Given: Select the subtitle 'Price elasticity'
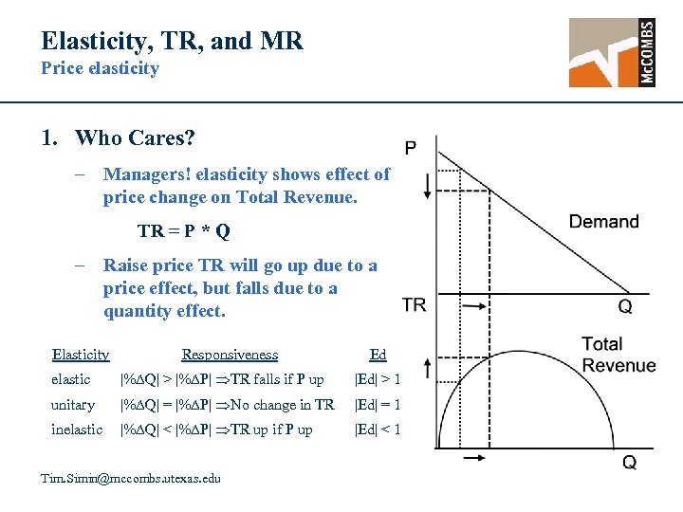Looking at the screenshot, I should coord(100,68).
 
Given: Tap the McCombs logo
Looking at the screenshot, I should coord(612,53).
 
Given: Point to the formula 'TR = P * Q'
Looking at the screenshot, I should coord(183,231).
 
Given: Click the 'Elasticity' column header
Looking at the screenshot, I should coord(81,355).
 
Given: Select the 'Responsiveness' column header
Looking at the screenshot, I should coord(230,355).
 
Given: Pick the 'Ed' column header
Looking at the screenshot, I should coord(378,355).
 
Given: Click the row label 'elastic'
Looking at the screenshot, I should coord(71,379).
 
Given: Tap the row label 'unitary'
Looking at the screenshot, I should coord(73,405).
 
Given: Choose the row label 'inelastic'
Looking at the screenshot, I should coord(77,430).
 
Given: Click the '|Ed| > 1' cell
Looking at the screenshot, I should coord(377,379).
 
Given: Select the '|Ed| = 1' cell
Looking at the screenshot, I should coord(377,405).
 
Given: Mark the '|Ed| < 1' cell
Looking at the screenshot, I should coord(377,430).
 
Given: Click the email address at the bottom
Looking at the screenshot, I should coord(130,478).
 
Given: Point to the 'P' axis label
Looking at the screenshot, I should coord(410,148).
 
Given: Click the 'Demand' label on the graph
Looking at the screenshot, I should coord(603,222).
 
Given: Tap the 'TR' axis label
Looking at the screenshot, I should coord(414,305).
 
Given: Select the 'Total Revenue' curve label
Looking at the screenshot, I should coord(618,355).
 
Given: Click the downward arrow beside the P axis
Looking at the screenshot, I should coord(428,185).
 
